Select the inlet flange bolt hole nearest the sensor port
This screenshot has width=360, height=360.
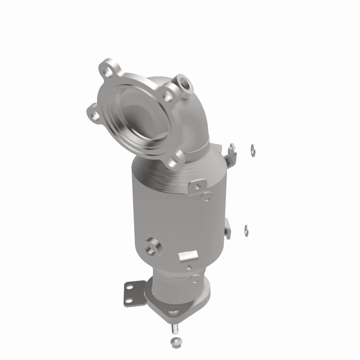click(x=167, y=95)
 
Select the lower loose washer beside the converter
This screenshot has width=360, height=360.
click(x=247, y=228)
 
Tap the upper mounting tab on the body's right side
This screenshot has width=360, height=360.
click(x=232, y=152)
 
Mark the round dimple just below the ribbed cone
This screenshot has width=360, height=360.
click(x=207, y=196)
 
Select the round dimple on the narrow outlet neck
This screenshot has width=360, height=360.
click(x=194, y=279)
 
